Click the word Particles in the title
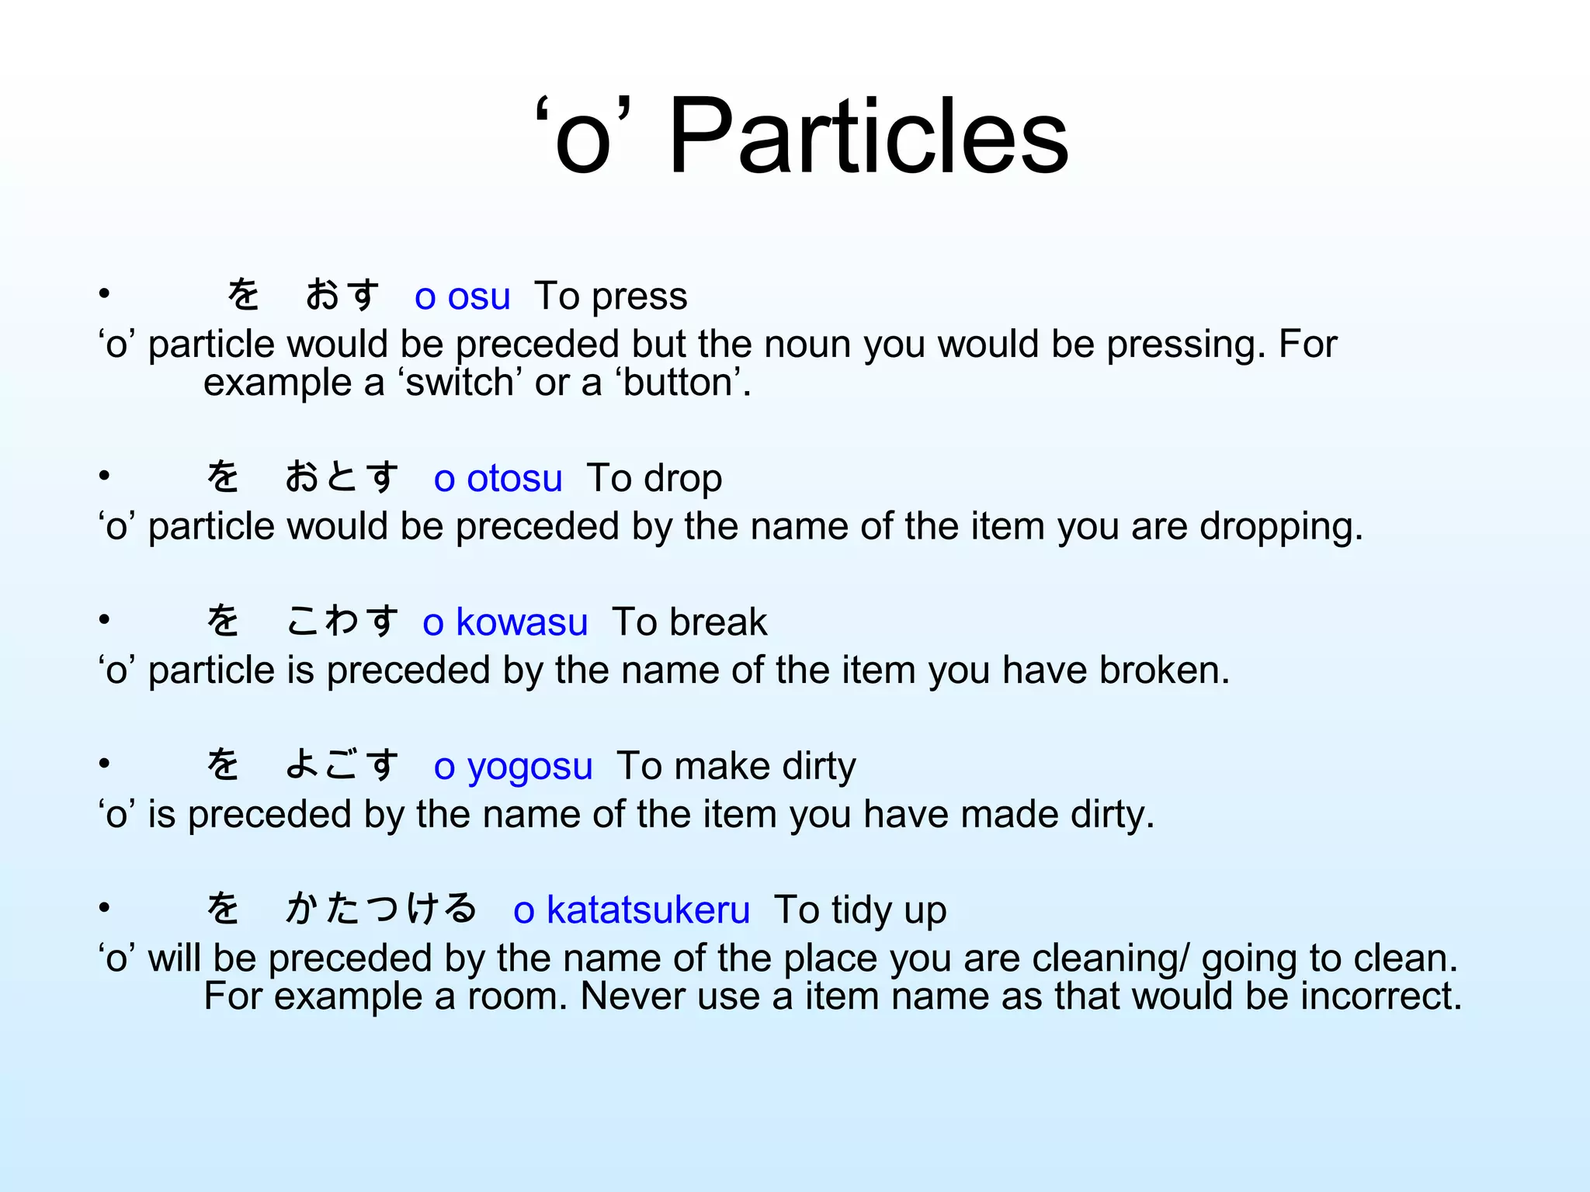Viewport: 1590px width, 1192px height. click(868, 138)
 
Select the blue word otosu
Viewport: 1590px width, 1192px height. click(514, 479)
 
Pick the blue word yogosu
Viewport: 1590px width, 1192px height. click(530, 767)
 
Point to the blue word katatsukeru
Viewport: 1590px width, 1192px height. click(648, 910)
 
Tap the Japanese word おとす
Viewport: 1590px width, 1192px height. click(342, 477)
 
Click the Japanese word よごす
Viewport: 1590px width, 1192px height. click(342, 765)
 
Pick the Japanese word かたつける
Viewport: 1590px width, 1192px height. click(380, 909)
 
